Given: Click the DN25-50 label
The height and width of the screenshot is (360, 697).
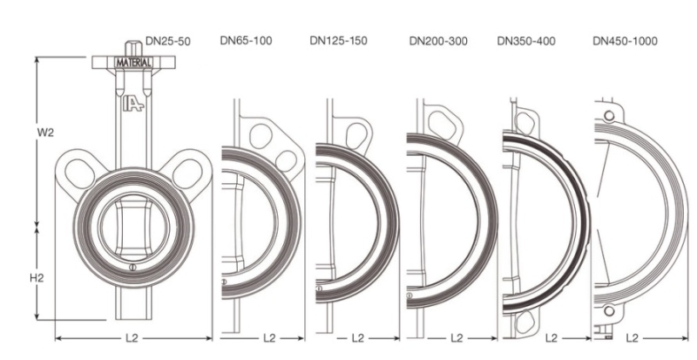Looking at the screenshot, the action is coord(168,41).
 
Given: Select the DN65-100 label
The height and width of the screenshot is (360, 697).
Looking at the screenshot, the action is coord(246,40).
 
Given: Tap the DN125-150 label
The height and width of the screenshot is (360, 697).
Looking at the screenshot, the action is coord(338,40).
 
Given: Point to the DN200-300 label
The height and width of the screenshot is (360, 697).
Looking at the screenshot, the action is coord(438,41).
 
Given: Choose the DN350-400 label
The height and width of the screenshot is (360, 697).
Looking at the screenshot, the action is coord(526,41).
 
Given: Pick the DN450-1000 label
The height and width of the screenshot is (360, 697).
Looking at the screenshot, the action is coord(625,41).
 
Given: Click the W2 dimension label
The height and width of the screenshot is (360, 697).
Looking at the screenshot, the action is coord(45,132).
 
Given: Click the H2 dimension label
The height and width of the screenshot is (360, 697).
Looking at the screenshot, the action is coord(37,278).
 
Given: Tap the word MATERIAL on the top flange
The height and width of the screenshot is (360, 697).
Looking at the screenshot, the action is coord(133,63).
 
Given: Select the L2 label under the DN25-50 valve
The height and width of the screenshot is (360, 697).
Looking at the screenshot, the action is coord(132,338).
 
